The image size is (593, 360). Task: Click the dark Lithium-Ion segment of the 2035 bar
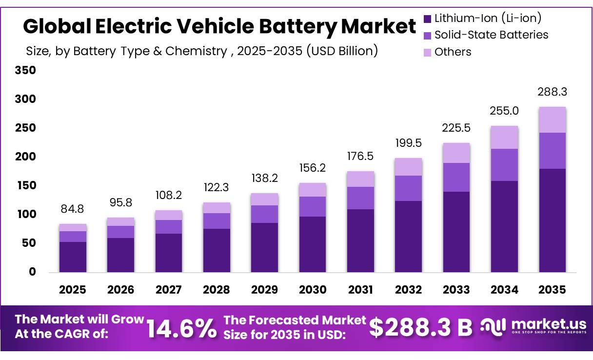tap(553, 220)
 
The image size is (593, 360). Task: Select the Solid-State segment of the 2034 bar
tap(505, 165)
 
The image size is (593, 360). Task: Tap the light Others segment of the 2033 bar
tap(456, 153)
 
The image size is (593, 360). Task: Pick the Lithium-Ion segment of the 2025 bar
tap(73, 257)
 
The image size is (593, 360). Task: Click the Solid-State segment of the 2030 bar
tap(313, 207)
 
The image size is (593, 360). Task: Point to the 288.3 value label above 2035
tap(552, 92)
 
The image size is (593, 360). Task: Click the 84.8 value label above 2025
tap(72, 209)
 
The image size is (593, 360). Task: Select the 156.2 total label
tap(313, 168)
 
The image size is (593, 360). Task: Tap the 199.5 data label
tap(409, 143)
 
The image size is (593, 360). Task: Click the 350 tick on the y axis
tap(25, 70)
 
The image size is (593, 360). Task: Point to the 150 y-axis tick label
tap(26, 186)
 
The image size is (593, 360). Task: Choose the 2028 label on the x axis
tap(217, 290)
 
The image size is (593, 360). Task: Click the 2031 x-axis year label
tap(360, 290)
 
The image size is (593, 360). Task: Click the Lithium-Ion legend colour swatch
tap(427, 19)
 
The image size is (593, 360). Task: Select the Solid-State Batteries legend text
tap(492, 35)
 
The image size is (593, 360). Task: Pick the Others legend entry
tap(447, 52)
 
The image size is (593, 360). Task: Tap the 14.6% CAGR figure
tap(181, 328)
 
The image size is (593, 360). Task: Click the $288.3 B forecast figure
tap(421, 327)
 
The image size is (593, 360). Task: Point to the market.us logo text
tap(549, 324)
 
